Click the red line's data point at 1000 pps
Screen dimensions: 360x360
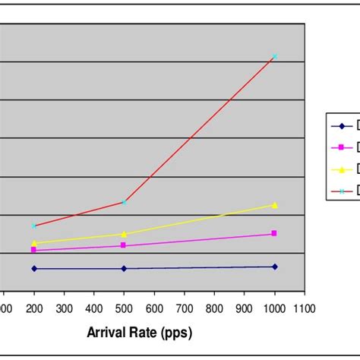pos(275,56)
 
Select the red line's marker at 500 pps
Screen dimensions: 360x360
pos(124,202)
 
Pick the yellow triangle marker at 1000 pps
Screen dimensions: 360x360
pos(275,205)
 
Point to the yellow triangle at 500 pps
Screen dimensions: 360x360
pos(124,234)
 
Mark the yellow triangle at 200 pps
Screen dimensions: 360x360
pos(33,243)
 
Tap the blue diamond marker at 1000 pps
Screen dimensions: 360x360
pos(275,267)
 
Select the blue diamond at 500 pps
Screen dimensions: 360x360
pos(124,268)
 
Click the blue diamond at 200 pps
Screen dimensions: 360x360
pos(33,268)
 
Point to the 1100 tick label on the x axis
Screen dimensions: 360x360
pos(305,308)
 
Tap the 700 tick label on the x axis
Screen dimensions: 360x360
pos(185,308)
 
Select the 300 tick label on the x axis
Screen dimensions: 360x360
pos(64,308)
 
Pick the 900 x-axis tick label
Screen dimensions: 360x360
pos(245,308)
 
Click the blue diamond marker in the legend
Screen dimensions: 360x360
pos(341,126)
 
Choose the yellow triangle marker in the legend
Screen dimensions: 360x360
pos(341,169)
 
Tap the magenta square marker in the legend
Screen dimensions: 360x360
pos(341,147)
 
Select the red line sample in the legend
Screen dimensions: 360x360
pos(341,191)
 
